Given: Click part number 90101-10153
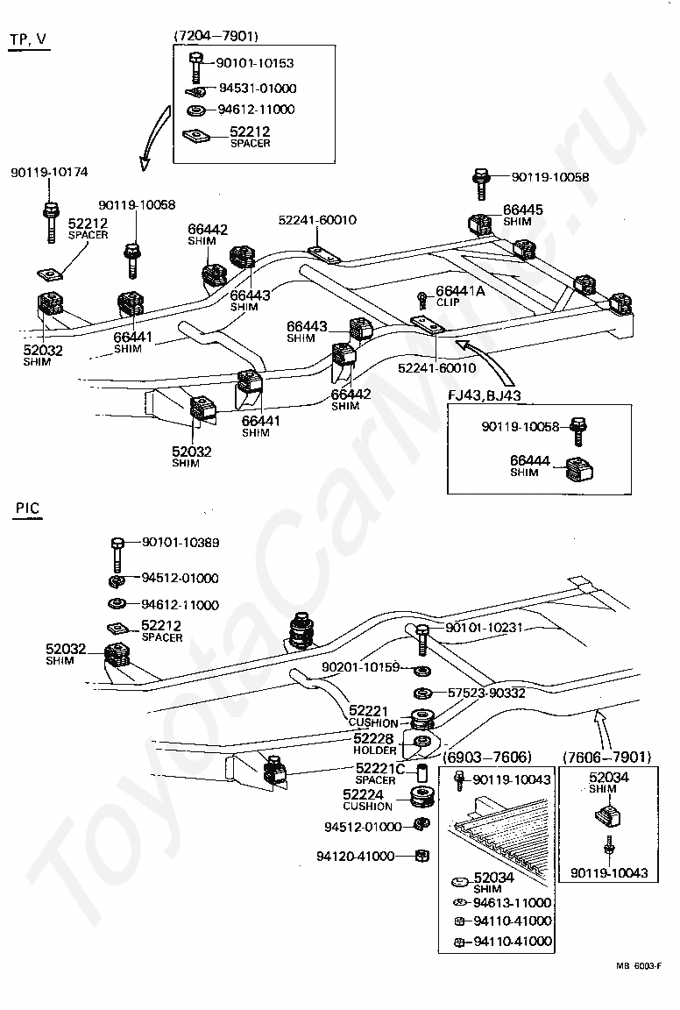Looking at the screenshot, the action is [255, 63].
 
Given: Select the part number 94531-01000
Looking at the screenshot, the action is [258, 89].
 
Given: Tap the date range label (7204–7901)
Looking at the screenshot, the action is [216, 36].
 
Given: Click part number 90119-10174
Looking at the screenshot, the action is [50, 172].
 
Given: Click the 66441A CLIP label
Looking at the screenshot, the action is [460, 295].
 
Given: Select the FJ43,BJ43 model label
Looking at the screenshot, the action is [485, 395].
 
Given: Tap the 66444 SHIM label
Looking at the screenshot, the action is [530, 465].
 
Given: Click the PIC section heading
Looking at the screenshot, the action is [28, 509].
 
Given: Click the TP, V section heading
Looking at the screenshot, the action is [28, 39].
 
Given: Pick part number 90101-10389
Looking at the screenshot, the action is [181, 543].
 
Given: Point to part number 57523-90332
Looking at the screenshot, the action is [487, 693].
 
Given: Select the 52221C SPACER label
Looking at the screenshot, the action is [380, 773].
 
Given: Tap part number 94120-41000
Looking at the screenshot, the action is [356, 856].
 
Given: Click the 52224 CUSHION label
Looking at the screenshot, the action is [367, 800].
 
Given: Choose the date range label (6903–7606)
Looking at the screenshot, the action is [487, 757].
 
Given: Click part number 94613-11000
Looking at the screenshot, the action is [512, 902].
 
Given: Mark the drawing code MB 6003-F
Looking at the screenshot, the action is [638, 965].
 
